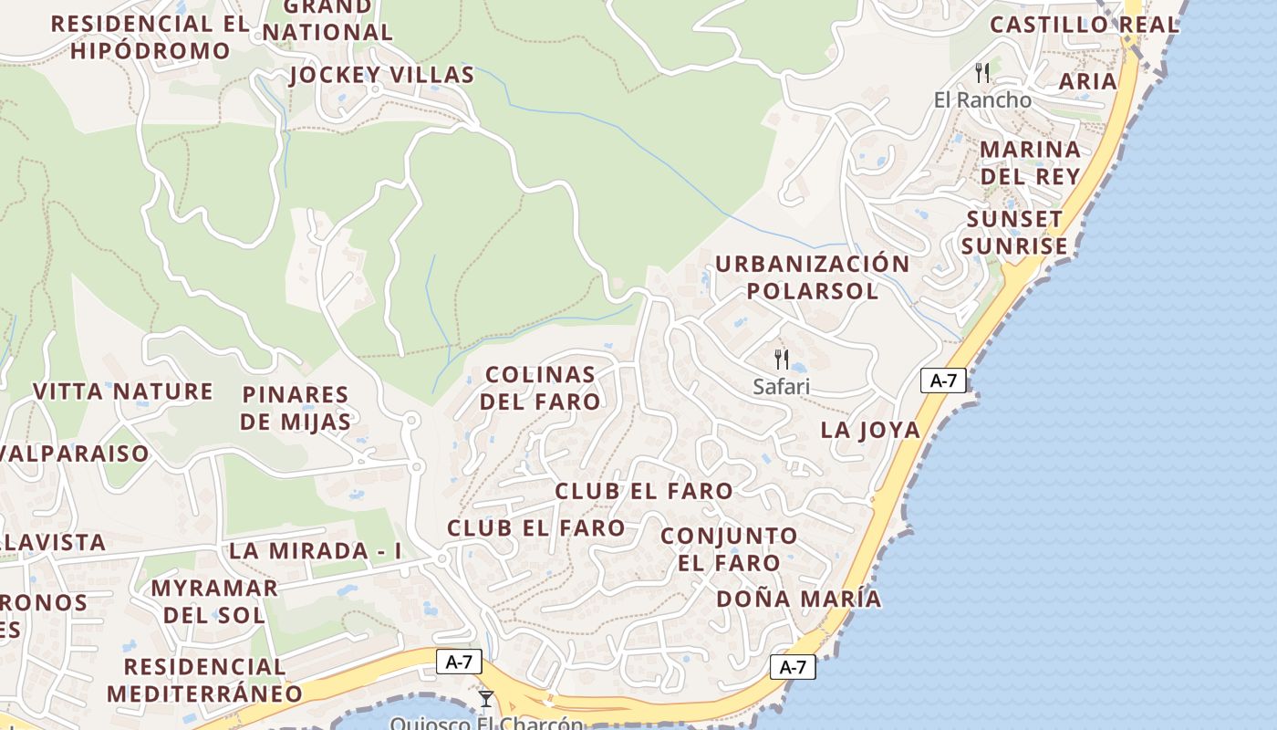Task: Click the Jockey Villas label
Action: point(381,75)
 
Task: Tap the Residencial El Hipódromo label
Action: point(151,37)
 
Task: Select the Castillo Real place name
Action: point(1085,25)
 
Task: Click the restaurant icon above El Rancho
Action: point(982,73)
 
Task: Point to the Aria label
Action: point(1087,81)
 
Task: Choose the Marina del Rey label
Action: point(1030,162)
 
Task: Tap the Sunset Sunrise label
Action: point(1014,233)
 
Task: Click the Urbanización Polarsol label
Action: point(812,277)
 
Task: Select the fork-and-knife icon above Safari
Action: point(781,359)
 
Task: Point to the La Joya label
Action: point(870,430)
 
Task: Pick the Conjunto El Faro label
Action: point(729,548)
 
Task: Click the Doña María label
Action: point(798,599)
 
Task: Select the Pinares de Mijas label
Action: point(296,408)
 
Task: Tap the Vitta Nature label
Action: point(123,391)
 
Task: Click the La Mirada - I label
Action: point(315,551)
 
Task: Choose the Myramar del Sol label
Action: point(214,600)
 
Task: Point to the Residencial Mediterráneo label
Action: point(204,680)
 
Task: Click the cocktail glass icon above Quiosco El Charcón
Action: point(485,699)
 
